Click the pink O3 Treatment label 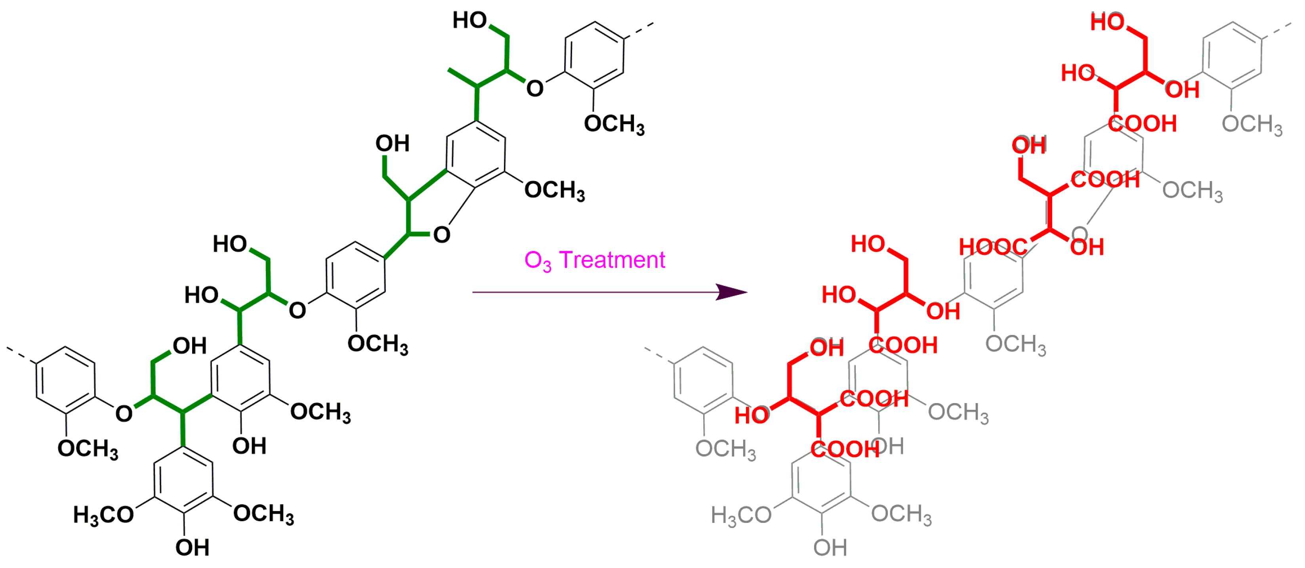[594, 260]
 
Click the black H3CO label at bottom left [103, 515]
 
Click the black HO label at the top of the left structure [469, 21]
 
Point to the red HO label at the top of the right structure [1107, 22]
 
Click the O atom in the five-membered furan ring [441, 235]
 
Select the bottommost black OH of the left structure [192, 548]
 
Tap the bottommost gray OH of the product [830, 548]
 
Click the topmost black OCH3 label [614, 124]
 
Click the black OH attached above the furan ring [392, 144]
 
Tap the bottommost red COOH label [845, 449]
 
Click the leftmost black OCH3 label [88, 449]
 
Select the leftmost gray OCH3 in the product [725, 449]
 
